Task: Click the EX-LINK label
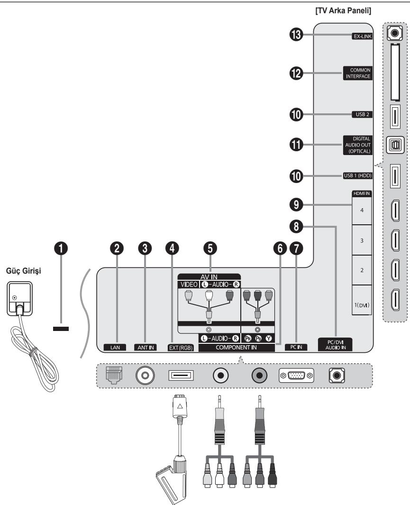[361, 35]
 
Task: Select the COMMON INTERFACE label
[356, 73]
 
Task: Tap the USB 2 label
[363, 114]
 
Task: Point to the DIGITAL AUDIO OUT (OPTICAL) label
[357, 145]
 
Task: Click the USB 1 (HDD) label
[358, 176]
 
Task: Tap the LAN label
[113, 347]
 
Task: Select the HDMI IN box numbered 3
[362, 241]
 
